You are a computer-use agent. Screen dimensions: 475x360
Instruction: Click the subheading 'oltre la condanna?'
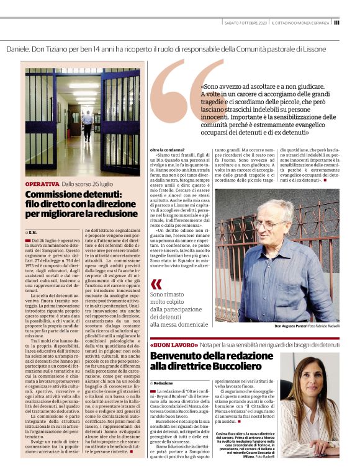(x=167, y=150)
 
